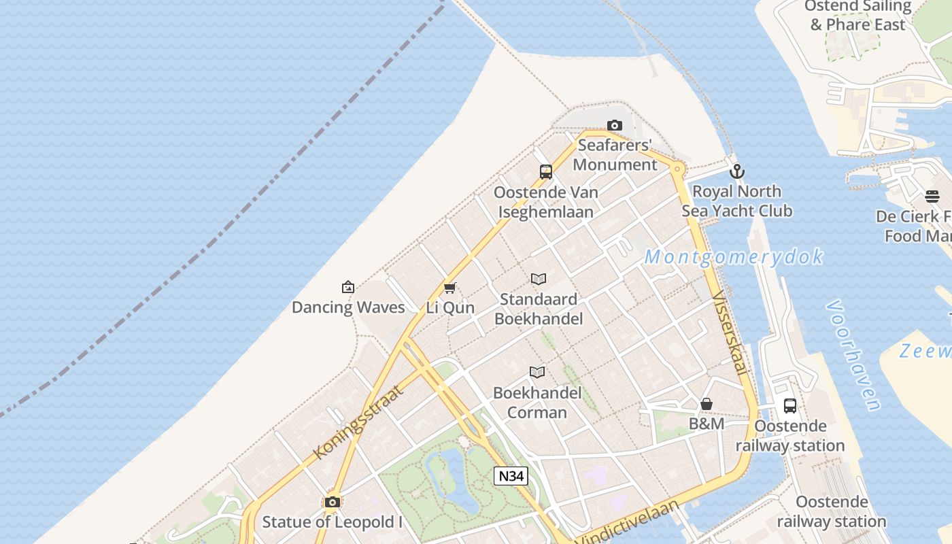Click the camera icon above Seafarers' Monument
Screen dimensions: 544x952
(615, 125)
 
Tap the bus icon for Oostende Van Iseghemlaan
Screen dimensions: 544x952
(546, 172)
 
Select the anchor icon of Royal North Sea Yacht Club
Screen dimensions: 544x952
(737, 171)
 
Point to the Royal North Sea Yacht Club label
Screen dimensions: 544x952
(737, 201)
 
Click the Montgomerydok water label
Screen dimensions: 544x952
(734, 257)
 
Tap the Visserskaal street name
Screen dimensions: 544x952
(730, 333)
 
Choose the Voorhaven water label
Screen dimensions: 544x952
(854, 356)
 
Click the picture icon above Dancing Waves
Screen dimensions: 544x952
(348, 287)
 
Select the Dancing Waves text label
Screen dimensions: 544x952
(348, 307)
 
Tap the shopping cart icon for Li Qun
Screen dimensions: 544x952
(449, 288)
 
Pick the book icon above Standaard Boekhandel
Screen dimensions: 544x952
(539, 279)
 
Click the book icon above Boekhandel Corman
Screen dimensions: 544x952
(537, 372)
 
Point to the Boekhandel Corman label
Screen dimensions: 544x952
(537, 403)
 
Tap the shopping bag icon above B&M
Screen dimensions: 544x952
(707, 405)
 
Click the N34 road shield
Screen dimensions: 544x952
(511, 476)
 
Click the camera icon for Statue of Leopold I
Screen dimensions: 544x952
(333, 503)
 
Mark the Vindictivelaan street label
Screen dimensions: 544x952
(628, 522)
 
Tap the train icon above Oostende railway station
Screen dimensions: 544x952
(790, 406)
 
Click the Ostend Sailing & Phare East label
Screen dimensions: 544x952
(857, 16)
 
